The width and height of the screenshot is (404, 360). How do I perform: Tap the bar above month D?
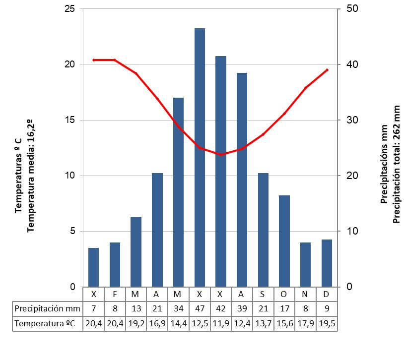coord(327,263)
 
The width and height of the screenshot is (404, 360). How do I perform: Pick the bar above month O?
coord(284,241)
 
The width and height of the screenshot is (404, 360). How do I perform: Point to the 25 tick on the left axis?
coord(69,9)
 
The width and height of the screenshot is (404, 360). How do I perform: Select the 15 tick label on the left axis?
coord(69,120)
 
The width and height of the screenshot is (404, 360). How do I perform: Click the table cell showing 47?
coord(200,308)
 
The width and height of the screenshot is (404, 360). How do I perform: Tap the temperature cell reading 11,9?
coord(221,324)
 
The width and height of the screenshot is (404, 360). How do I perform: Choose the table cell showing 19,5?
coord(327,324)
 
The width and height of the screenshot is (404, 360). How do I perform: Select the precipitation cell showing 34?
coord(178,308)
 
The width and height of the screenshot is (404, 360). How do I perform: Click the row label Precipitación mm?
coord(47,308)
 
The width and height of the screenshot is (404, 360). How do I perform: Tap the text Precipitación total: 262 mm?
coord(396,164)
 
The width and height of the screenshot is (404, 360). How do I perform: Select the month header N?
coord(305,294)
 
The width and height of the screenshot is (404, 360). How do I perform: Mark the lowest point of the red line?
coord(221,155)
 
